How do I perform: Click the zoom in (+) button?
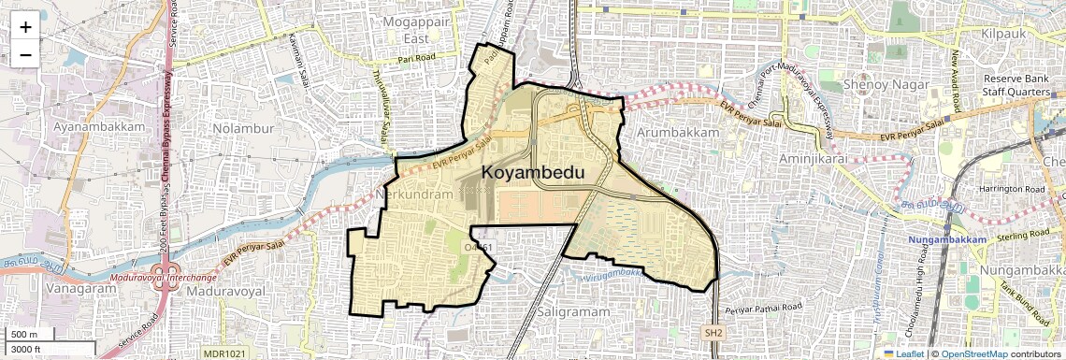point(25,26)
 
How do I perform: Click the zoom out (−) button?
point(25,54)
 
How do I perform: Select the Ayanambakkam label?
point(99,126)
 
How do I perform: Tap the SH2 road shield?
point(713,332)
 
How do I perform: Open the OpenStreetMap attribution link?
point(973,353)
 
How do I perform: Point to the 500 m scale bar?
point(25,335)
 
